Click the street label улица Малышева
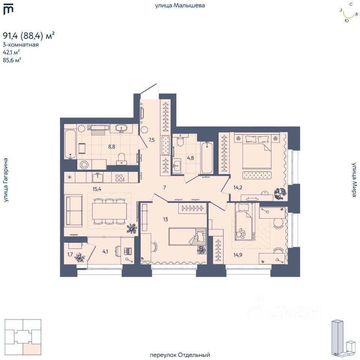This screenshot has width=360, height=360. coord(180,5)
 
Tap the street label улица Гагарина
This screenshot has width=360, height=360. coord(6,180)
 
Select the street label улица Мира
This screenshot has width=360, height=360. coord(354,180)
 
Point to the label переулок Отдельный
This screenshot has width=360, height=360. coord(180,355)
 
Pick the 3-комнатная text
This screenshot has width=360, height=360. coord(21,45)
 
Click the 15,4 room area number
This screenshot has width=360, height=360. coord(97,189)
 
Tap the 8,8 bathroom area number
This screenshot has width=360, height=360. coord(112,147)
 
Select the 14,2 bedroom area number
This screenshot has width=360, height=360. coord(238,187)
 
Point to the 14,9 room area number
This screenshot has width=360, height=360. coord(238,255)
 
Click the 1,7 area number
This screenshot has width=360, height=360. coord(70,254)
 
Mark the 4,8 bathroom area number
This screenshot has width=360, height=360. coord(190,158)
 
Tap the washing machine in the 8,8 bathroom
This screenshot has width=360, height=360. coord(84,165)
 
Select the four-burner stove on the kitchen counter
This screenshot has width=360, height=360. coord(119,178)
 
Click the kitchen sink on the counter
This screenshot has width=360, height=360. coord(98,178)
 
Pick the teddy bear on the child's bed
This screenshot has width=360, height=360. coord(240,233)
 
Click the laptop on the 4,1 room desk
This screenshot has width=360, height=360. coord(127,251)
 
